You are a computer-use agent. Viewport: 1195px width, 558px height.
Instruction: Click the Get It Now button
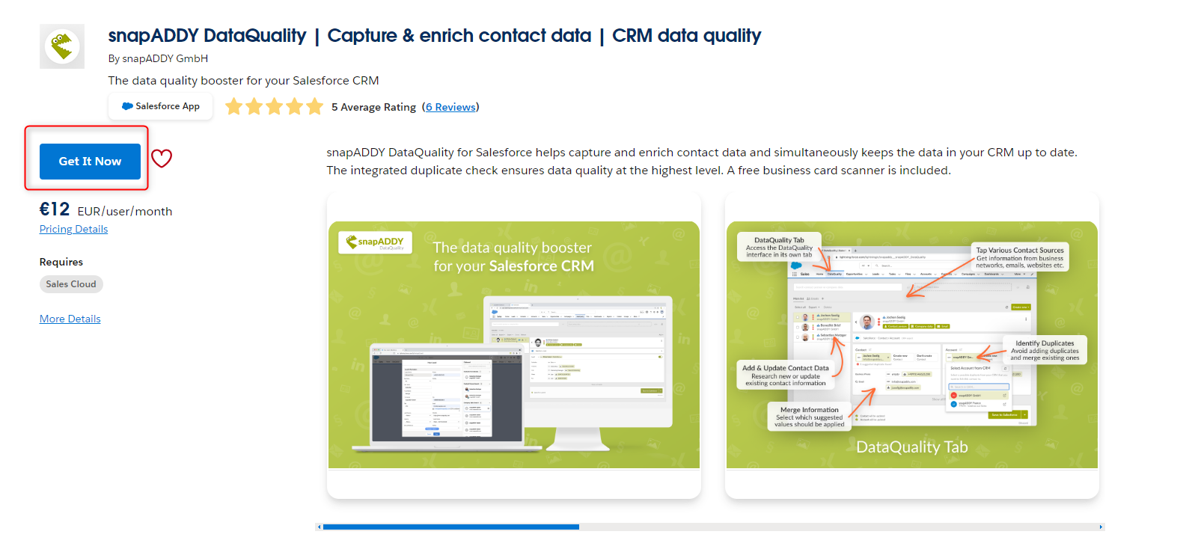90,162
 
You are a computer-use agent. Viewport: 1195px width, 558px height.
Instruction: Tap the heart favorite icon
162,159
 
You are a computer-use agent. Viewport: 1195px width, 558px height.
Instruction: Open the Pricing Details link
73,229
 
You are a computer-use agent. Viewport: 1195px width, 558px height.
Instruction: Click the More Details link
70,319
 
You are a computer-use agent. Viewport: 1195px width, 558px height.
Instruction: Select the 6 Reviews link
450,107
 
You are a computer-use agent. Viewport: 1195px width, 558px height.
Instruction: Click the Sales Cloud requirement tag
71,284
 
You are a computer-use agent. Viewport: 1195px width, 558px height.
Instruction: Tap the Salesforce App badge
160,106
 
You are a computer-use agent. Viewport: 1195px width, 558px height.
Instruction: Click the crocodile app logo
62,46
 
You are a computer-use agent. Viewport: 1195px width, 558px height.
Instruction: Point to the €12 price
55,209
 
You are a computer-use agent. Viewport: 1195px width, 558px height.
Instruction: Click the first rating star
234,107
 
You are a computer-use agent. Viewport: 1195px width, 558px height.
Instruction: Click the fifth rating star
315,107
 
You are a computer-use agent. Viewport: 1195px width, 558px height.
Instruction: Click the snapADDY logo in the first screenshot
376,242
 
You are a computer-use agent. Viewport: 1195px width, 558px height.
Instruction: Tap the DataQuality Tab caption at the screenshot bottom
911,447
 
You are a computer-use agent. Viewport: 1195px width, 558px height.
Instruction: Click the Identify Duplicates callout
1045,350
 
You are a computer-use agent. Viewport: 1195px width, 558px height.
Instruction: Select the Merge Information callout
809,417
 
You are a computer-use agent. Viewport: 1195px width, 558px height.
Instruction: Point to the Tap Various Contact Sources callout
1020,257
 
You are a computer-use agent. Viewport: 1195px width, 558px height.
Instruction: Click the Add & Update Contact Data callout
786,375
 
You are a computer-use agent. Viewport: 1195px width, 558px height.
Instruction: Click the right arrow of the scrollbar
1101,527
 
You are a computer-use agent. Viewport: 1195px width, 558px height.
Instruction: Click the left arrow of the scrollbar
320,527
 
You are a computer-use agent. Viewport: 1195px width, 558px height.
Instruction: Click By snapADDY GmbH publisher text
158,58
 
